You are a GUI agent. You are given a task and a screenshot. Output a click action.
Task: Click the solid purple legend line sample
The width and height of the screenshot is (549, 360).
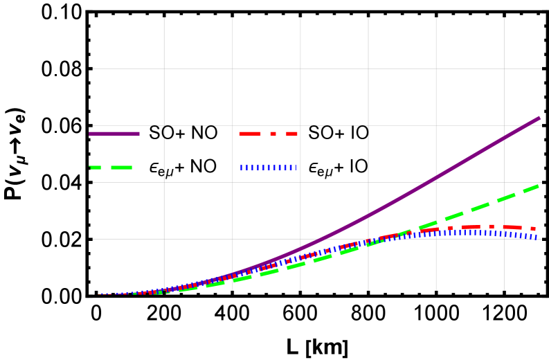[x=114, y=133]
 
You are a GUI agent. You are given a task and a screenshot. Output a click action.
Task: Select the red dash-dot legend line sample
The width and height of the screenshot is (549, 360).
[x=269, y=133]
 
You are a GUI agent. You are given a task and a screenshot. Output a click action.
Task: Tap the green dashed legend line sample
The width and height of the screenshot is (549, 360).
[x=111, y=168]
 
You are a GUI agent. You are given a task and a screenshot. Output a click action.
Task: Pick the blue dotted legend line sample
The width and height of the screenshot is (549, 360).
[x=269, y=168]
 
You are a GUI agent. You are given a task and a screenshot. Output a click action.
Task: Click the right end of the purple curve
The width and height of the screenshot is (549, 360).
[x=539, y=118]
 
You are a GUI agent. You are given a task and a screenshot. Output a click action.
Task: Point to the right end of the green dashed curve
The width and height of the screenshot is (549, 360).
[x=538, y=186]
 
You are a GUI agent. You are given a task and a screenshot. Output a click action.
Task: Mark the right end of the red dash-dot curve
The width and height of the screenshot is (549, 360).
[x=533, y=228]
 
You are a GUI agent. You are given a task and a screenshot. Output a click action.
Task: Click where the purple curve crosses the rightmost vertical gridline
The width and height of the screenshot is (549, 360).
[x=504, y=137]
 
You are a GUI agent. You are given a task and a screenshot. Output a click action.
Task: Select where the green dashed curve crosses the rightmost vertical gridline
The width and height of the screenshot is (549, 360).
[x=504, y=199]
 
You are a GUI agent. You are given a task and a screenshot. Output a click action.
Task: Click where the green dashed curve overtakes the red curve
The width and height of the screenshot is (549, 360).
[x=408, y=233]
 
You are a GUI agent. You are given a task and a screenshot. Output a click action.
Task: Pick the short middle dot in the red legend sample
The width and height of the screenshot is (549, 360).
[x=273, y=133]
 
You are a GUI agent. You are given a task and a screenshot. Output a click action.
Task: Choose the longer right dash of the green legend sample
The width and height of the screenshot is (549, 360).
[x=121, y=168]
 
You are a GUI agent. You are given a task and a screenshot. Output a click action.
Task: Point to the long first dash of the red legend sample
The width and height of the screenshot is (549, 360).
[x=250, y=133]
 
